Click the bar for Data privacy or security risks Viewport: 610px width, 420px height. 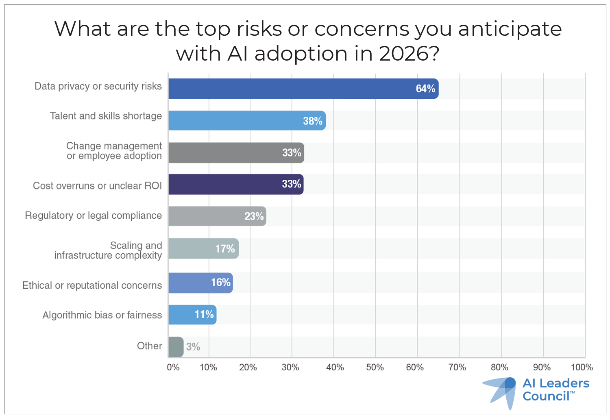tap(303, 89)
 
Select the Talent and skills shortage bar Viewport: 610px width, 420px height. tap(247, 120)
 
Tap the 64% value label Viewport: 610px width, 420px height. tap(425, 89)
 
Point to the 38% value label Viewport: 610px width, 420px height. tap(312, 121)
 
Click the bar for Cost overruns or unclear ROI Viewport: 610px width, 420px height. tap(236, 184)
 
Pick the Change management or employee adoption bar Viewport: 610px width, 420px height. tap(236, 152)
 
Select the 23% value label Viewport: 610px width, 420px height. tap(254, 216)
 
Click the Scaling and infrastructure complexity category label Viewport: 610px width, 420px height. tap(108, 250)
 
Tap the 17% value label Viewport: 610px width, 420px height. tap(225, 248)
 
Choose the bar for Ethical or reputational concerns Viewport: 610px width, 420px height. tap(200, 283)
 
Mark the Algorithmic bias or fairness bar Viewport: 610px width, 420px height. tap(192, 315)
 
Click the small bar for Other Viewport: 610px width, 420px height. tap(176, 347)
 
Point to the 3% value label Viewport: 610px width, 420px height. tap(193, 347)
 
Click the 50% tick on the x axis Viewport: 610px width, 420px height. tap(375, 368)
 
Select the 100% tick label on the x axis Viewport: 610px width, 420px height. tap(582, 368)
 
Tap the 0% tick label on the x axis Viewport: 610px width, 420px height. tap(173, 368)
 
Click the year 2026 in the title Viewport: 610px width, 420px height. tap(403, 54)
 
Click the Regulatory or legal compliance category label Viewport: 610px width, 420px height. tap(93, 215)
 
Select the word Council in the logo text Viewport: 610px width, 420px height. tap(546, 396)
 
